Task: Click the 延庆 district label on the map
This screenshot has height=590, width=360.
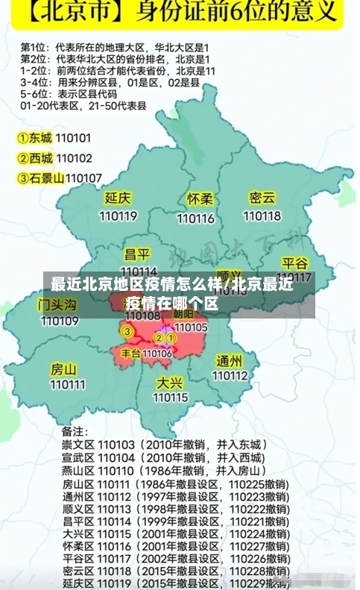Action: [x=118, y=198]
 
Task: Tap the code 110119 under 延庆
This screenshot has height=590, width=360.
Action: [x=118, y=216]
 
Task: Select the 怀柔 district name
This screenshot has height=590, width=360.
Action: [x=200, y=200]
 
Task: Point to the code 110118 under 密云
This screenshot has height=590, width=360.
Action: [x=262, y=216]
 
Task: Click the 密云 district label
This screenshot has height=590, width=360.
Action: [x=262, y=198]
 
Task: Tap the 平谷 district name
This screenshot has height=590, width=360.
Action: [x=295, y=263]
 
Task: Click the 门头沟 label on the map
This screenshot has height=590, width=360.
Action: [x=58, y=304]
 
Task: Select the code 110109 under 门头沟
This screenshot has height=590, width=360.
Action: [x=60, y=321]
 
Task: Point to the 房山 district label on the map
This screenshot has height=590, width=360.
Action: [x=63, y=368]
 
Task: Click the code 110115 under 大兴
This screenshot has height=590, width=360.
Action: [x=170, y=398]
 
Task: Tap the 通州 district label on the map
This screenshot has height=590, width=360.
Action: [x=229, y=360]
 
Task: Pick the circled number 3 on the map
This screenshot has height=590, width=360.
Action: [x=127, y=332]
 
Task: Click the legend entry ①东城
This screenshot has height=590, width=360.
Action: [x=35, y=138]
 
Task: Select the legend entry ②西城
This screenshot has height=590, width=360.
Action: [x=35, y=158]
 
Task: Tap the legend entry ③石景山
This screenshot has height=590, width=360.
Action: [x=40, y=178]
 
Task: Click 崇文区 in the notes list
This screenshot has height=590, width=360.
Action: [x=77, y=445]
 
